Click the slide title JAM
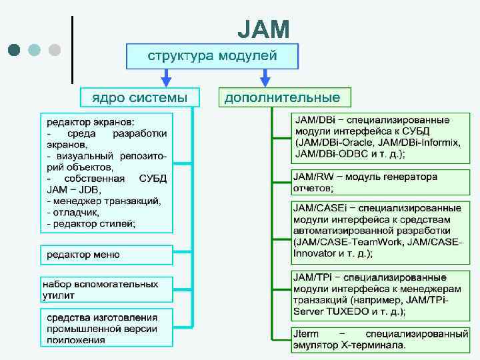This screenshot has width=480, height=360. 263,29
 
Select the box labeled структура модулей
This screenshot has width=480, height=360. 212,56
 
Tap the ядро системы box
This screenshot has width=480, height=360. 139,97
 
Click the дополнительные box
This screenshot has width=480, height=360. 282,97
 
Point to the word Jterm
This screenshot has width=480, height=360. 307,333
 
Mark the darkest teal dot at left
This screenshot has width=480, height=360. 14,50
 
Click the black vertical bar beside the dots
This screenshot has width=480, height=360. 72,49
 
